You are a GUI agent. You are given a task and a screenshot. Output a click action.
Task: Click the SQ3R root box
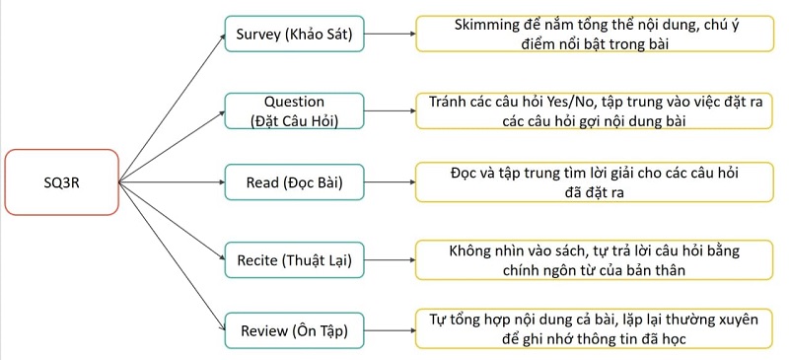[61, 181]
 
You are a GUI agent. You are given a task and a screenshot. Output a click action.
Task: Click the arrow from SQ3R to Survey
[173, 108]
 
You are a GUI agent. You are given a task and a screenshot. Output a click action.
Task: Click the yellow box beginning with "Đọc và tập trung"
[593, 182]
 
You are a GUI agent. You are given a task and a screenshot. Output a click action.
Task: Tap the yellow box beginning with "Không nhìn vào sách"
[593, 260]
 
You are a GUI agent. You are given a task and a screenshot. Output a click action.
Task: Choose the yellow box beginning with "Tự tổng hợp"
[593, 329]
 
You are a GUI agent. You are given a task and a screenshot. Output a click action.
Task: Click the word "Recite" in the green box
[258, 260]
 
